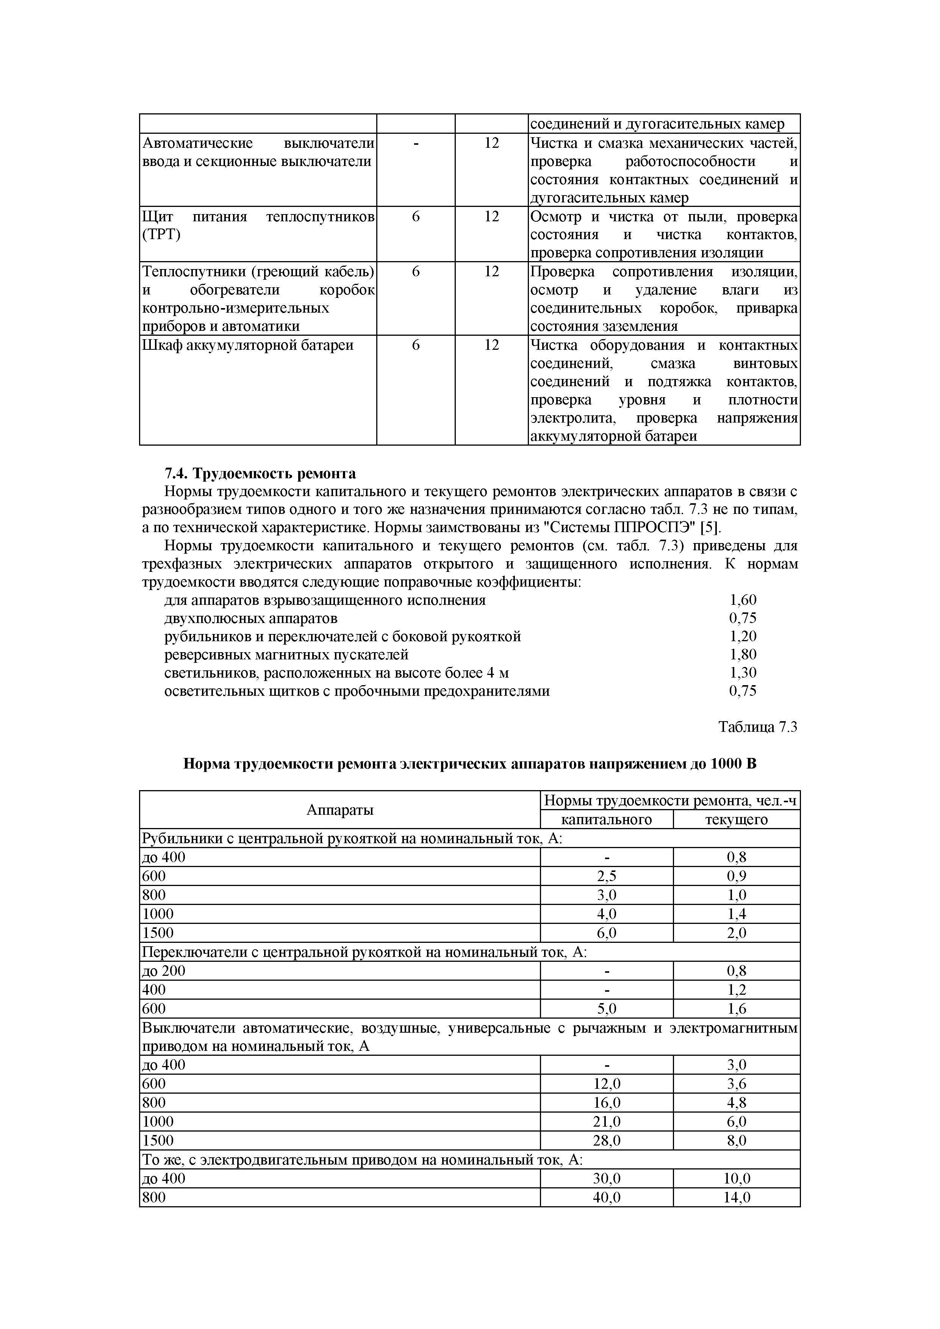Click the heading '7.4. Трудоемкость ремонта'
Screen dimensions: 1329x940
[x=260, y=473]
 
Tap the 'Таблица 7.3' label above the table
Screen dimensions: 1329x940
[x=758, y=727]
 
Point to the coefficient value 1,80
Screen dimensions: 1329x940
[x=743, y=655]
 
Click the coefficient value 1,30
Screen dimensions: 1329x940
[x=743, y=673]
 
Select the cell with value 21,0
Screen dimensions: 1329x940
[x=607, y=1122]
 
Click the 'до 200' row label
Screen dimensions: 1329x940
[x=164, y=971]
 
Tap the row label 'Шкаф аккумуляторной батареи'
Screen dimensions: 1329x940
[x=248, y=346]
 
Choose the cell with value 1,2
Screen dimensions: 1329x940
[x=736, y=990]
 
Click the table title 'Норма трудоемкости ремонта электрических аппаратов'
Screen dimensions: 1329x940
[x=469, y=764]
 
